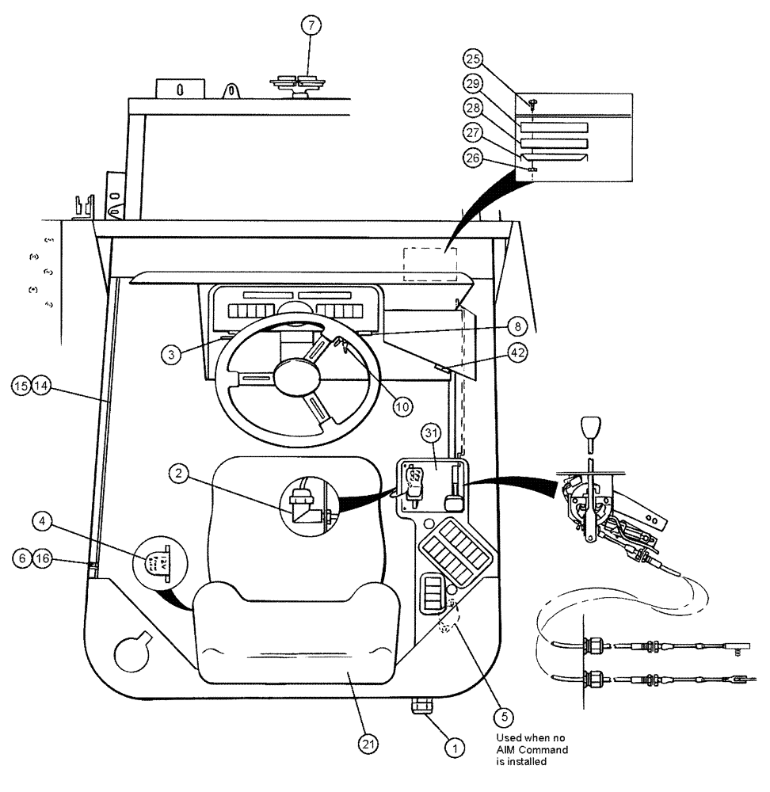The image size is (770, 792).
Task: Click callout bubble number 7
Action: [x=311, y=25]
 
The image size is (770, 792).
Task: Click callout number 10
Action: [x=403, y=406]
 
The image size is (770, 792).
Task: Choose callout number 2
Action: [x=180, y=474]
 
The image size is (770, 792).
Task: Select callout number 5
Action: [x=502, y=718]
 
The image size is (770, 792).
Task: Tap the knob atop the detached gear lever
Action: [x=590, y=432]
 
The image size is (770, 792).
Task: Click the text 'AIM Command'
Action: [x=530, y=750]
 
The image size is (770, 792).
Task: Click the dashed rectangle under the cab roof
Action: [x=430, y=264]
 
